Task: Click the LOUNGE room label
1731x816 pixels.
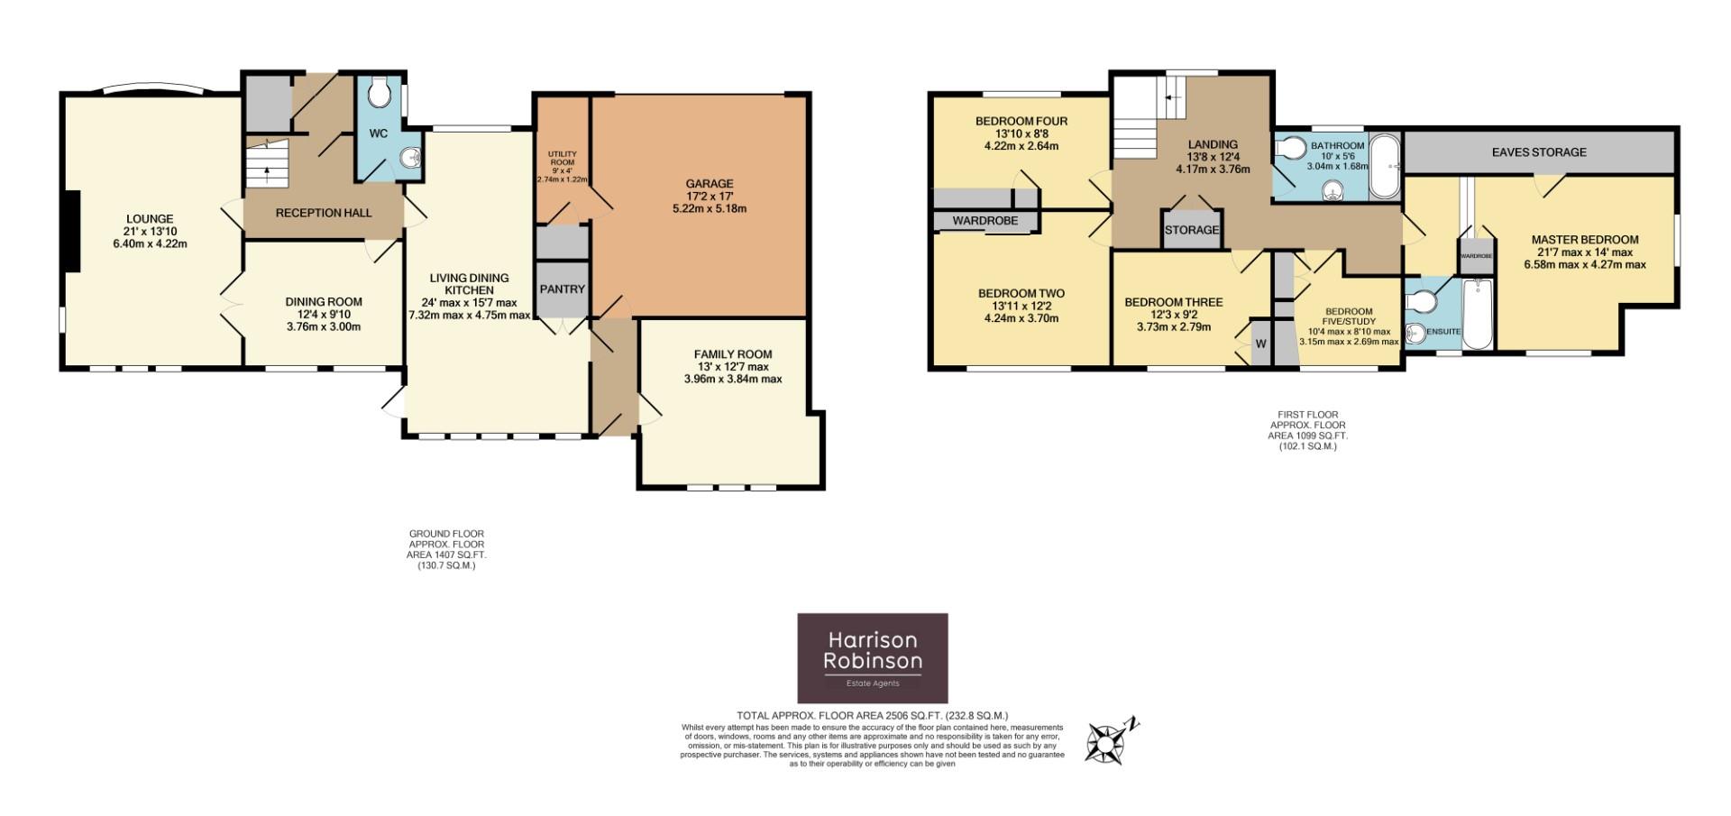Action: point(150,219)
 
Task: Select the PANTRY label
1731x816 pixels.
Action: point(563,289)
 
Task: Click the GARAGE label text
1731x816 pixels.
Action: point(710,184)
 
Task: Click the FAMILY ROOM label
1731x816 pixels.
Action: point(732,354)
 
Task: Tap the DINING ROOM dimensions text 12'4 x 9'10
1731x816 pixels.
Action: point(324,315)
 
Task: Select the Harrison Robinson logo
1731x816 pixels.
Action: point(872,657)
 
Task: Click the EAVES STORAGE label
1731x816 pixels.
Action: point(1539,152)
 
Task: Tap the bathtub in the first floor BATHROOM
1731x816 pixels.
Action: point(1384,167)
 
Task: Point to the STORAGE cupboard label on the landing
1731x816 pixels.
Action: point(1191,230)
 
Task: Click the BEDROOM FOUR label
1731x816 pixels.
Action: point(1021,122)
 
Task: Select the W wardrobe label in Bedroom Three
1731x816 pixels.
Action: point(1260,344)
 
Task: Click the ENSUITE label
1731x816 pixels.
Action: point(1443,332)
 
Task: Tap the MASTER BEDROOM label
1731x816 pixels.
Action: point(1585,240)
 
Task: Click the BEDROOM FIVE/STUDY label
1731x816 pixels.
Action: point(1349,316)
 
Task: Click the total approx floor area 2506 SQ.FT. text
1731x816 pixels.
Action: point(872,716)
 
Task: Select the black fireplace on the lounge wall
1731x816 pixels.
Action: point(71,231)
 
